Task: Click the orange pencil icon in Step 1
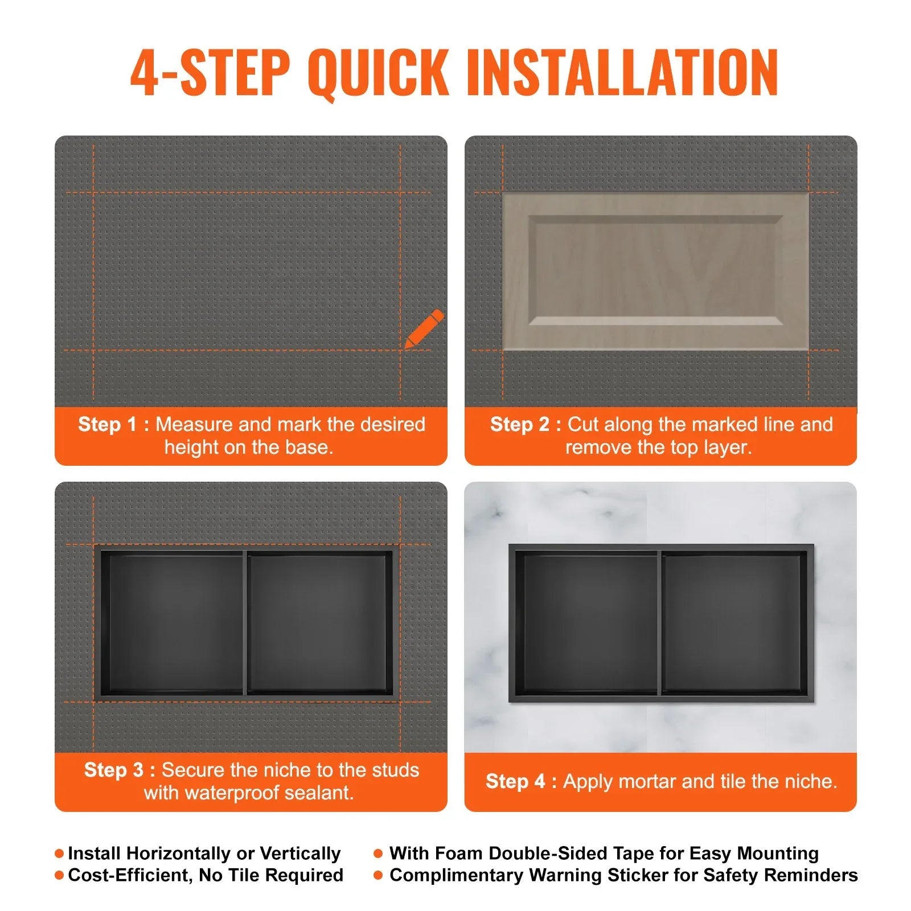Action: pyautogui.click(x=424, y=329)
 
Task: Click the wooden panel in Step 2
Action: pyautogui.click(x=655, y=271)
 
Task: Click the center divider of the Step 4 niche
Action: pyautogui.click(x=660, y=623)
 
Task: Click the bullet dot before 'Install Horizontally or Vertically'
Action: pyautogui.click(x=59, y=853)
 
